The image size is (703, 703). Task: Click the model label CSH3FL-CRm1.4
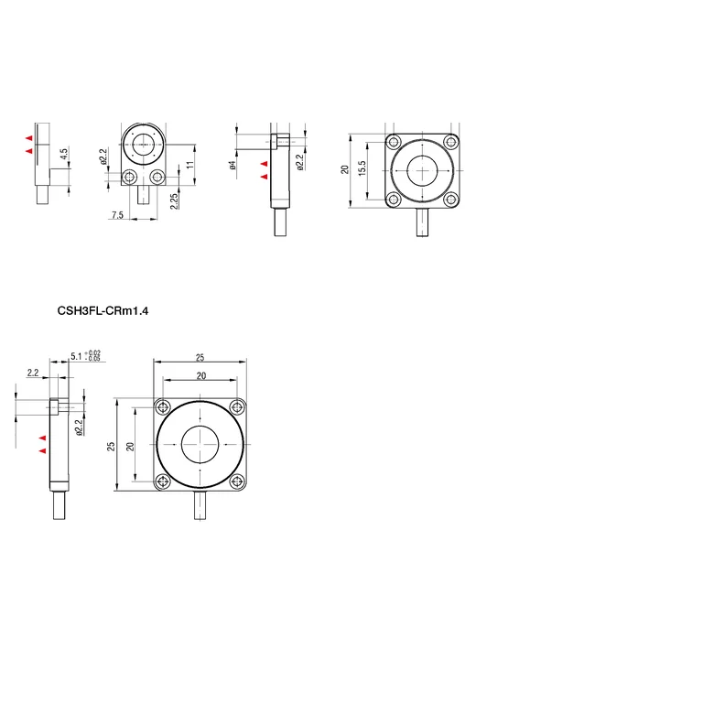[x=103, y=310]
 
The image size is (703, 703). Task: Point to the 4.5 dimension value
[x=64, y=154]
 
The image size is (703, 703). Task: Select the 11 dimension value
[x=190, y=165]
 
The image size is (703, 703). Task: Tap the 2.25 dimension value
[x=174, y=200]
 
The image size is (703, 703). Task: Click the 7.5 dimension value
[x=117, y=215]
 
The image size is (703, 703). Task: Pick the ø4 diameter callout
[x=233, y=165]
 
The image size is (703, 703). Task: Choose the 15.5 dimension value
[x=362, y=168]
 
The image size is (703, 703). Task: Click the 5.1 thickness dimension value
[x=77, y=356]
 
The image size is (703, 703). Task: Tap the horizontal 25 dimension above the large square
[x=200, y=357]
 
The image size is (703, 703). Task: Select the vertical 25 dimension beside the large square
[x=111, y=446]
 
